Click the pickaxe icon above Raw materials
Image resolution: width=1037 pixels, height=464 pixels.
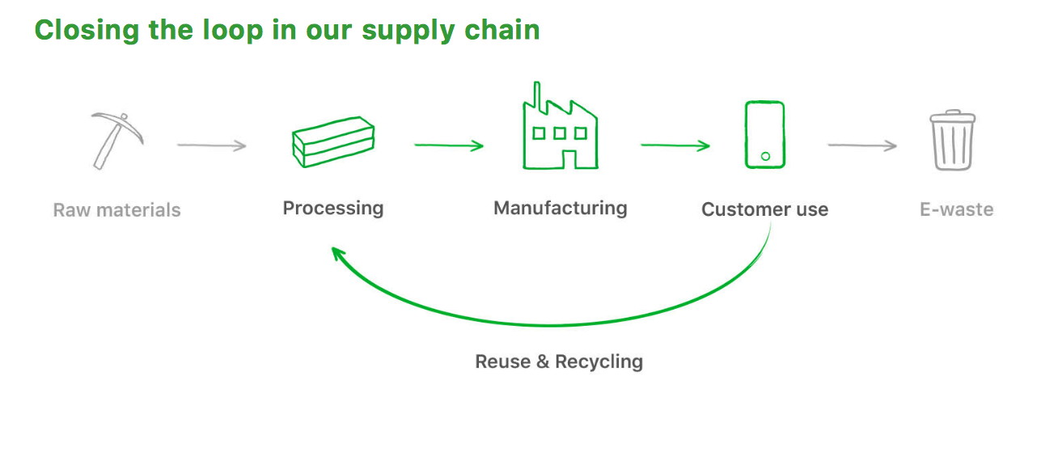116,139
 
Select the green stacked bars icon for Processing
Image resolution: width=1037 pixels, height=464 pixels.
332,142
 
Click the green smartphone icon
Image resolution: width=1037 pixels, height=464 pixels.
764,135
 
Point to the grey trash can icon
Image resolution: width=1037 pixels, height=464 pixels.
952,141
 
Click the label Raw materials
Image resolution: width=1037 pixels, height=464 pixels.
116,210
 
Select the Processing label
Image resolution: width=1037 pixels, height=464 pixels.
332,209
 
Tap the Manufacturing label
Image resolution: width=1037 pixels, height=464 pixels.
560,209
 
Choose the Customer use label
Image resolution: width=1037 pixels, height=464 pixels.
764,210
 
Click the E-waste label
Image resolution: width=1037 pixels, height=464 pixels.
956,210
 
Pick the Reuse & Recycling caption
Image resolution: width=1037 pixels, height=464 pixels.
559,361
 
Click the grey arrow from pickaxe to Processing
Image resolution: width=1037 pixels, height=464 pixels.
211,146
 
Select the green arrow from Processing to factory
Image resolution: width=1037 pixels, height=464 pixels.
448,146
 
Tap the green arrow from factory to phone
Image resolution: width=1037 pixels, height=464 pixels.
675,146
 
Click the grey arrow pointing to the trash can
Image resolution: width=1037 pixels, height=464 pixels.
861,146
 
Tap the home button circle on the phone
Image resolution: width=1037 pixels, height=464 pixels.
765,156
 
